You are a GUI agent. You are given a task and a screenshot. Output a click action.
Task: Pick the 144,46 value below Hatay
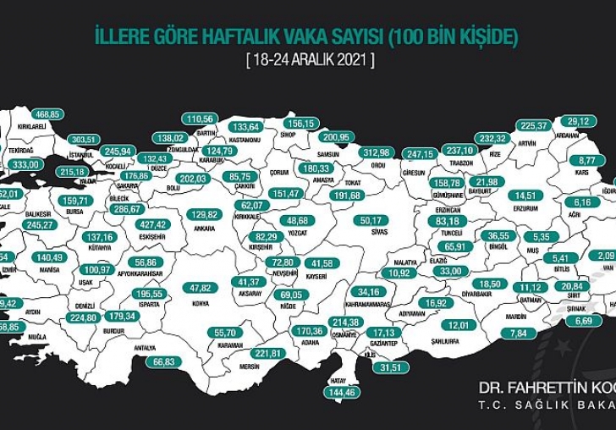tap(343, 392)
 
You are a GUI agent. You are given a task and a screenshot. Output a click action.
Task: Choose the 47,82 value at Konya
tap(201, 287)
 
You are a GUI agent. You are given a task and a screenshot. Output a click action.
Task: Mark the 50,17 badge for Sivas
tap(374, 220)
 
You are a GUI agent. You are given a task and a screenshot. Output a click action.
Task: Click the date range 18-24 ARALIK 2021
tap(309, 60)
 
